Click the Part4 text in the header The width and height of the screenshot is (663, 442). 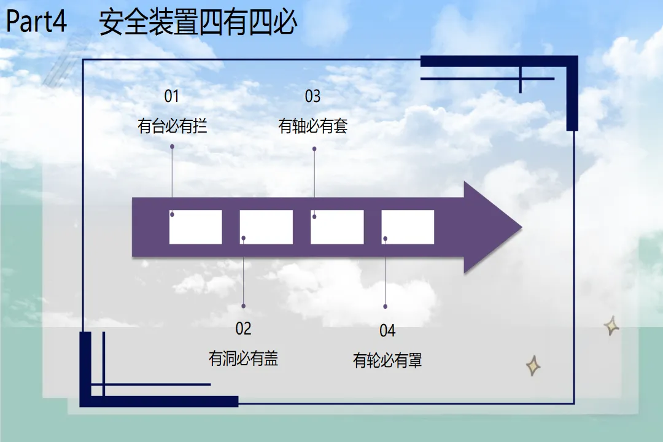click(36, 23)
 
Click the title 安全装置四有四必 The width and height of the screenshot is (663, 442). click(198, 23)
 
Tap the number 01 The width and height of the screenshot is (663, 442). click(171, 96)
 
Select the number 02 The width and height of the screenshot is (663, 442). click(243, 329)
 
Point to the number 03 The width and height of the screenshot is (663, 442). click(312, 96)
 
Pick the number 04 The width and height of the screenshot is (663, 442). click(387, 331)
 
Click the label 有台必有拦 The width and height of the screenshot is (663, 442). click(172, 126)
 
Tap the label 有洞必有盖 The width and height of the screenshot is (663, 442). click(243, 358)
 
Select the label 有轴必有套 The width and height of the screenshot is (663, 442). click(313, 126)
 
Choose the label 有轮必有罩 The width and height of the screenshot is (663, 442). click(387, 360)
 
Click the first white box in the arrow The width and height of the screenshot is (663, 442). click(195, 227)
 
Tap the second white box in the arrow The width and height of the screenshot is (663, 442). click(266, 227)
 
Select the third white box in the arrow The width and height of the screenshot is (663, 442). click(337, 227)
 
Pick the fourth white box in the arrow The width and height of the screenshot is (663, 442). click(408, 227)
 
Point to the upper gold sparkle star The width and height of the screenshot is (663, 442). click(611, 325)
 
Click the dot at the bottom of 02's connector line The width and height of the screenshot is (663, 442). click(244, 306)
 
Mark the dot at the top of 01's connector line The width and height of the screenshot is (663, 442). click(172, 147)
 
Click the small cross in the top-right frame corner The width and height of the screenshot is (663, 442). click(520, 79)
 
